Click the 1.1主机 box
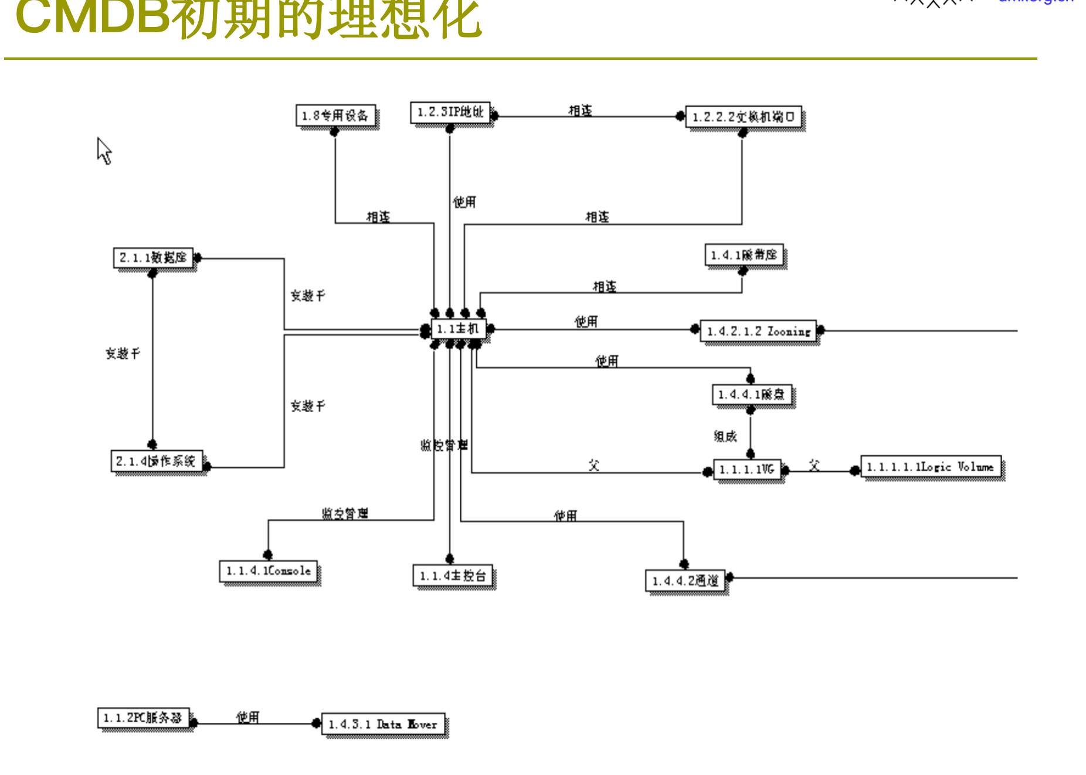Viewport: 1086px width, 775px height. pos(458,329)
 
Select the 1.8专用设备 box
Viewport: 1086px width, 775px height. pos(335,115)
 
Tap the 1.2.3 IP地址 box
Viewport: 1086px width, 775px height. pos(450,112)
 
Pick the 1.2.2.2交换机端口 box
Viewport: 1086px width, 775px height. pos(743,117)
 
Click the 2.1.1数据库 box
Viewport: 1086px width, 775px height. pos(153,257)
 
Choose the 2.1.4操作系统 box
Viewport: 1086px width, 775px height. pos(156,461)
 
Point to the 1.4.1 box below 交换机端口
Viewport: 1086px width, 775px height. pos(744,255)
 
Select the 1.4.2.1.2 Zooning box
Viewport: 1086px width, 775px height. pos(758,331)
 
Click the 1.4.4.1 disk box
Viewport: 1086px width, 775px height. pos(751,395)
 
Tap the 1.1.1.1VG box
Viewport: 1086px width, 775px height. pos(747,470)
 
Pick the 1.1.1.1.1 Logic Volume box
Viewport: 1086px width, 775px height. pos(931,467)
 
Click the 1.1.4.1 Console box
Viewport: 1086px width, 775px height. pos(269,571)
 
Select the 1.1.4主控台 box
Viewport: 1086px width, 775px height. pos(453,576)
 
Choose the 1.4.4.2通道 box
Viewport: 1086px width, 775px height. pos(685,580)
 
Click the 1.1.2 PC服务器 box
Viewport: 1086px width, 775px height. pos(143,718)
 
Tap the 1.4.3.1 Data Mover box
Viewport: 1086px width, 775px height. pos(383,725)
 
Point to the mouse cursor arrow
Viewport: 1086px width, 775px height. pos(103,149)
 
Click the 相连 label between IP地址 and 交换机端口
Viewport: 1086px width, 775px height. pos(580,110)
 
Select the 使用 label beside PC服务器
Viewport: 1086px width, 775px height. pos(247,717)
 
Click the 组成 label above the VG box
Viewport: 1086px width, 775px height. pos(725,436)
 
